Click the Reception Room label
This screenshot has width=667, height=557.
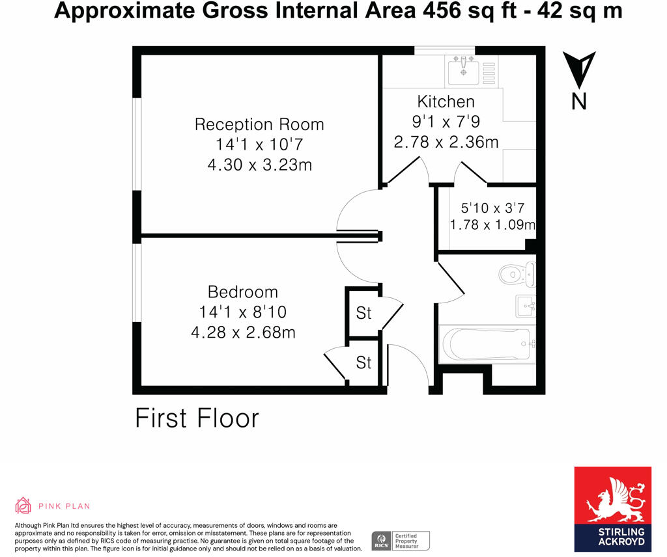tap(259, 124)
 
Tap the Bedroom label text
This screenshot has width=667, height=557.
tap(243, 292)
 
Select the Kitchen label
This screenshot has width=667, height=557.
tap(446, 102)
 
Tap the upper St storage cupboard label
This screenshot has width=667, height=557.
tap(363, 313)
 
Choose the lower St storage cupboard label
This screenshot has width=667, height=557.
tap(363, 362)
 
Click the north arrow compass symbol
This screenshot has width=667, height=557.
tap(578, 72)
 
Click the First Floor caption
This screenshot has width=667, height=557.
tap(197, 418)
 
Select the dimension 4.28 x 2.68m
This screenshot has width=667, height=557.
tap(243, 333)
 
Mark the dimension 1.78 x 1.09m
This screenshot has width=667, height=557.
tap(492, 225)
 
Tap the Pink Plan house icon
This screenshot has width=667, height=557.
tap(23, 506)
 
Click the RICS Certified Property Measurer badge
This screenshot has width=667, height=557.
tap(400, 540)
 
